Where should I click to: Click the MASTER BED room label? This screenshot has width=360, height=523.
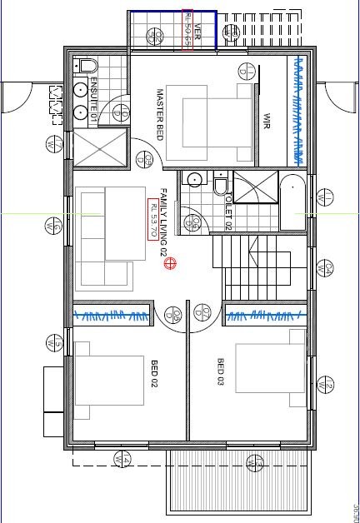coord(161,114)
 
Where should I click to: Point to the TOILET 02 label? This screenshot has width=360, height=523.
coord(227,209)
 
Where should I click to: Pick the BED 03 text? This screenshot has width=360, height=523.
coord(221,371)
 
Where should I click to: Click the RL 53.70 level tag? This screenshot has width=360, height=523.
coord(152,219)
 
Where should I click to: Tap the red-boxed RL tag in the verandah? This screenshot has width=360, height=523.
coord(187,32)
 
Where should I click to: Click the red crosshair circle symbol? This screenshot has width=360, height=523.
coord(171,264)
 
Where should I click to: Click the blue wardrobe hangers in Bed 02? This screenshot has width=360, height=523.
coord(112,315)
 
